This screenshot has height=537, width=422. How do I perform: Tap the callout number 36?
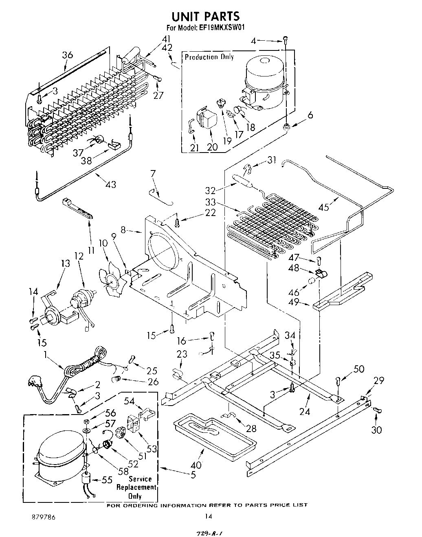68,55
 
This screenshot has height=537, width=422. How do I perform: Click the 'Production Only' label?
209,57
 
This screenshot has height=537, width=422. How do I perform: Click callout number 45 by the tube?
323,207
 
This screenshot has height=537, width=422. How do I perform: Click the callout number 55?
107,480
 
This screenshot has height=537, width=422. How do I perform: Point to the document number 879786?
40,517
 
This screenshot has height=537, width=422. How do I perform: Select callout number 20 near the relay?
212,147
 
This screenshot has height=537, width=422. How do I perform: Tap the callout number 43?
110,184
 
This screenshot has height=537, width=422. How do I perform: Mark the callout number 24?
304,412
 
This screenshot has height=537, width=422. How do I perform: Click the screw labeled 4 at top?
286,40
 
